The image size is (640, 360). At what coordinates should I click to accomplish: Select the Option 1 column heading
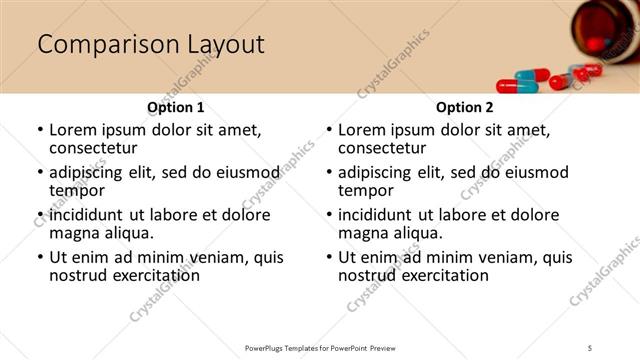pyautogui.click(x=176, y=107)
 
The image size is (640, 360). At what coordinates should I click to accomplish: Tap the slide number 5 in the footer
pyautogui.click(x=590, y=347)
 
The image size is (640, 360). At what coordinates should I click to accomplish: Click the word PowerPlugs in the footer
pyautogui.click(x=268, y=347)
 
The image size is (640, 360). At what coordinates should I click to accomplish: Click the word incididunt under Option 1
pyautogui.click(x=90, y=215)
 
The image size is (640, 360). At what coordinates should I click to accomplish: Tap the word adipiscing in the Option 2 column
pyautogui.click(x=379, y=172)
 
